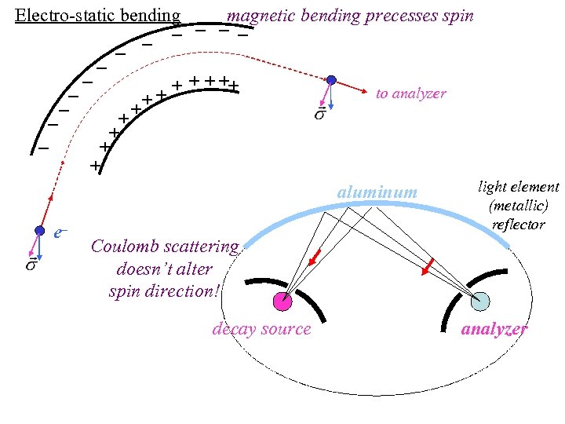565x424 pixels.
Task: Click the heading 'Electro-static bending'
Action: click(x=98, y=16)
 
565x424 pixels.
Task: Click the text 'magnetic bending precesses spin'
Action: click(x=350, y=16)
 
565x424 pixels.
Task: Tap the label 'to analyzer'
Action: click(x=410, y=93)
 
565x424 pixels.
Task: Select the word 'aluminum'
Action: click(x=377, y=192)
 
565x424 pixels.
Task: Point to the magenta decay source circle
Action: click(x=282, y=300)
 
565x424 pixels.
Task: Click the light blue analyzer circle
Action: click(x=480, y=301)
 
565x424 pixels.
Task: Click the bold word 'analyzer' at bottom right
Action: click(x=494, y=329)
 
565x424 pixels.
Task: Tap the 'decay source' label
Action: click(x=261, y=329)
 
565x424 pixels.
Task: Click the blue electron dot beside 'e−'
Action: click(x=39, y=231)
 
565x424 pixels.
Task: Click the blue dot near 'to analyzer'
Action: click(x=332, y=80)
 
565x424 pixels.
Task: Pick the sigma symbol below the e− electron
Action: click(x=31, y=265)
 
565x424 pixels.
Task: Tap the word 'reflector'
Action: click(x=519, y=225)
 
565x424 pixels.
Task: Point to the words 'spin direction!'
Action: click(x=165, y=291)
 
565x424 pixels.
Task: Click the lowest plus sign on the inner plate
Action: click(x=95, y=166)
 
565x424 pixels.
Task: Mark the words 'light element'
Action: click(x=519, y=187)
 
